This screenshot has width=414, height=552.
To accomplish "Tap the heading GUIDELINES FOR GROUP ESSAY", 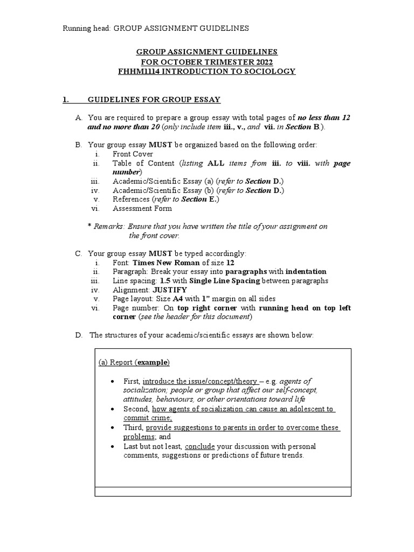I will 154,100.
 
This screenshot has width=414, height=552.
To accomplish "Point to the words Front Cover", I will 133,154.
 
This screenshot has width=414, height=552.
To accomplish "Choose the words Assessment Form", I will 142,208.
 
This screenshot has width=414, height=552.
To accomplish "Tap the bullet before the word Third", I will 112,427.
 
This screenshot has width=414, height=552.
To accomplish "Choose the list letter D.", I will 79,335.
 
